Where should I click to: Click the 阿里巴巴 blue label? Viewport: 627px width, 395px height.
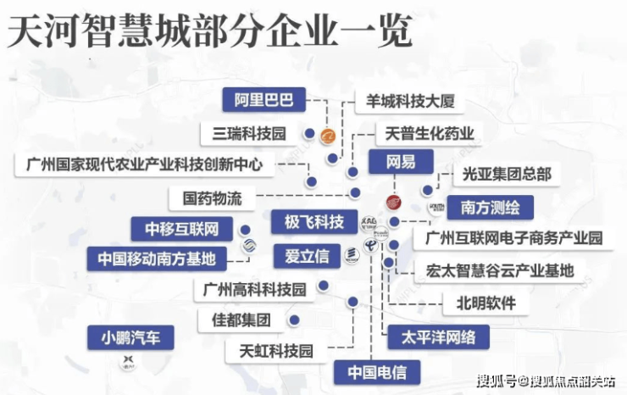[264, 100]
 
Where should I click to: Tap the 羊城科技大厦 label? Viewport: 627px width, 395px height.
[410, 102]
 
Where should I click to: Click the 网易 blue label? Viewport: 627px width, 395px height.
[400, 161]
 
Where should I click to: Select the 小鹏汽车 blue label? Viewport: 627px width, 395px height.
[130, 338]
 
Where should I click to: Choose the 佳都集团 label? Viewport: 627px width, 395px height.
[233, 321]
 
